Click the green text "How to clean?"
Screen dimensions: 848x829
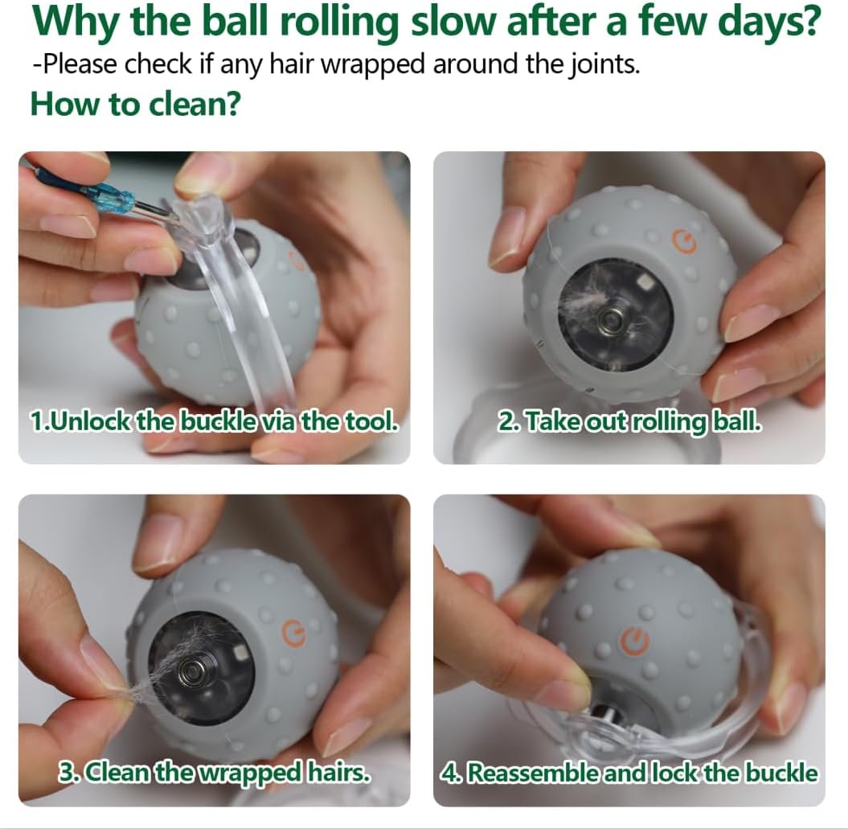[135, 104]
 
